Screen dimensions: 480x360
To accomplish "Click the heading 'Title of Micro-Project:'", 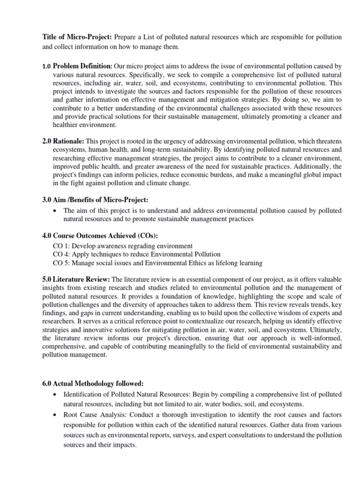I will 71,37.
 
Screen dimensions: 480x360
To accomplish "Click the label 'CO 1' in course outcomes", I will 61,246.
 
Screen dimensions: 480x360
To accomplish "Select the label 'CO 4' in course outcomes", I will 61,254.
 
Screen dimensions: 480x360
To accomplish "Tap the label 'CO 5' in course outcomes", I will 61,262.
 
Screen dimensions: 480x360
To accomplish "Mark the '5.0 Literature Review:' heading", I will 76,279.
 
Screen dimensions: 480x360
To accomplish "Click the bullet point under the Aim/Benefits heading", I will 56,211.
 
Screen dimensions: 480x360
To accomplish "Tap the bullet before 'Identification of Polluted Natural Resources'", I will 56,394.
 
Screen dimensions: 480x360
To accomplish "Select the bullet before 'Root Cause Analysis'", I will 56,415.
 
